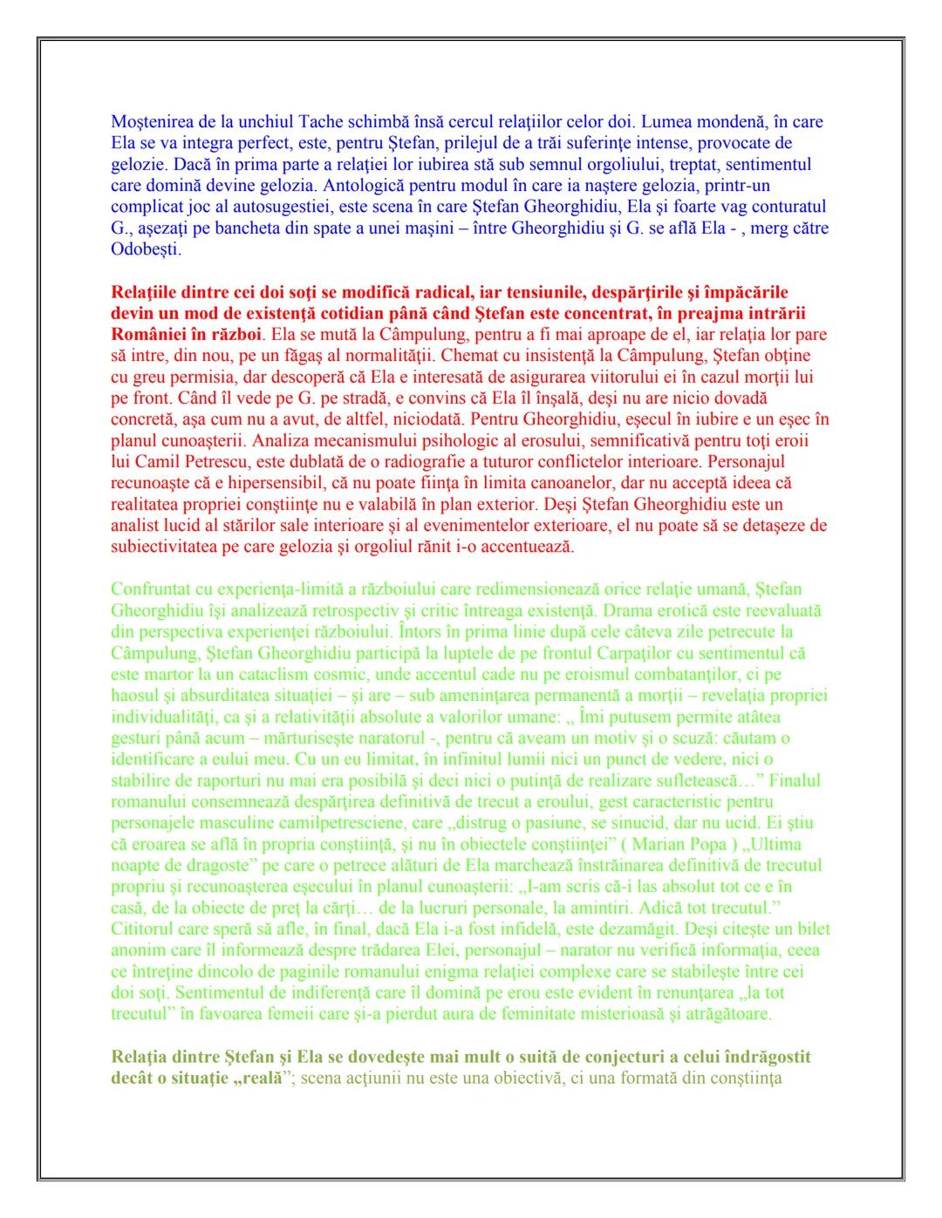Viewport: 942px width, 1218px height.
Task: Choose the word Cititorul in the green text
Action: tap(144, 929)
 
